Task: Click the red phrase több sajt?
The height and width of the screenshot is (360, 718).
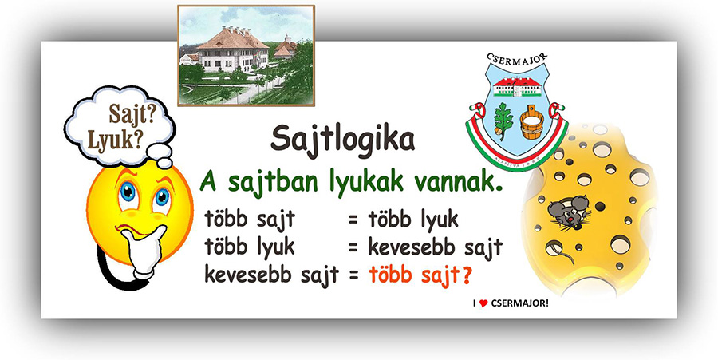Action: [420, 275]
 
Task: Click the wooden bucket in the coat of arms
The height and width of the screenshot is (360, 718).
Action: [531, 122]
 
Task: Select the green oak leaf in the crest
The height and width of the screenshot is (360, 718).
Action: [503, 119]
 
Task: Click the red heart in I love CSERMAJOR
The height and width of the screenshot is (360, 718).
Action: [483, 303]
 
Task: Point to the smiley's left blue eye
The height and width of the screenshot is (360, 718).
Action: [128, 192]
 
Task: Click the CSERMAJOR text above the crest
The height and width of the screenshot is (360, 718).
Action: [518, 60]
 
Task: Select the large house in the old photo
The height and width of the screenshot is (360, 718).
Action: [232, 49]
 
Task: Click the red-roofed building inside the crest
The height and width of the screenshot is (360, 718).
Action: [518, 86]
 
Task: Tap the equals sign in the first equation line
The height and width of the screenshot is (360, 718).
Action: [353, 220]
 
